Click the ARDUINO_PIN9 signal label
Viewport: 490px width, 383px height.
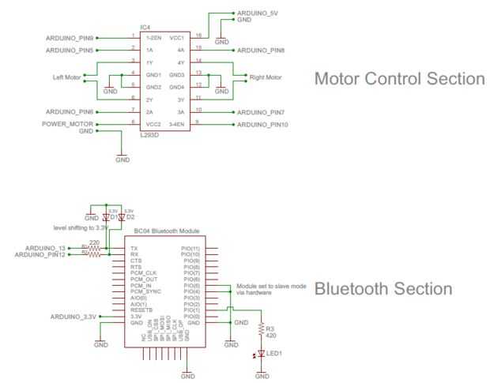click(70, 37)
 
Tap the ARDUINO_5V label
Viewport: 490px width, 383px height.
click(258, 14)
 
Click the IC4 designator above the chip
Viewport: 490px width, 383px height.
click(145, 28)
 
